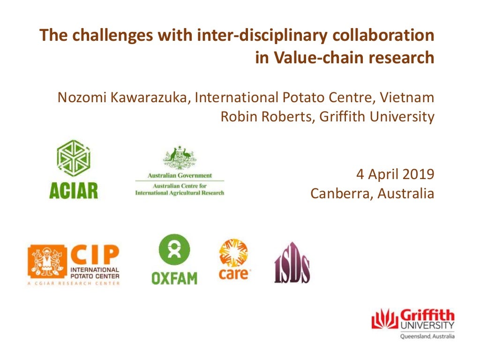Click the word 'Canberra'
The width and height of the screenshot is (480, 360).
click(x=338, y=193)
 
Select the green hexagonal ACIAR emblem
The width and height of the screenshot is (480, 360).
click(x=73, y=158)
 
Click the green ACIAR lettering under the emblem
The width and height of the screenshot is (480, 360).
click(x=74, y=190)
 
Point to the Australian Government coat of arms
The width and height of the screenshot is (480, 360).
click(x=180, y=158)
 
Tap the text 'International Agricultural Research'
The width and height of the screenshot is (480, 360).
click(x=180, y=193)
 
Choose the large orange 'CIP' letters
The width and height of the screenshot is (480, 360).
click(x=95, y=255)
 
